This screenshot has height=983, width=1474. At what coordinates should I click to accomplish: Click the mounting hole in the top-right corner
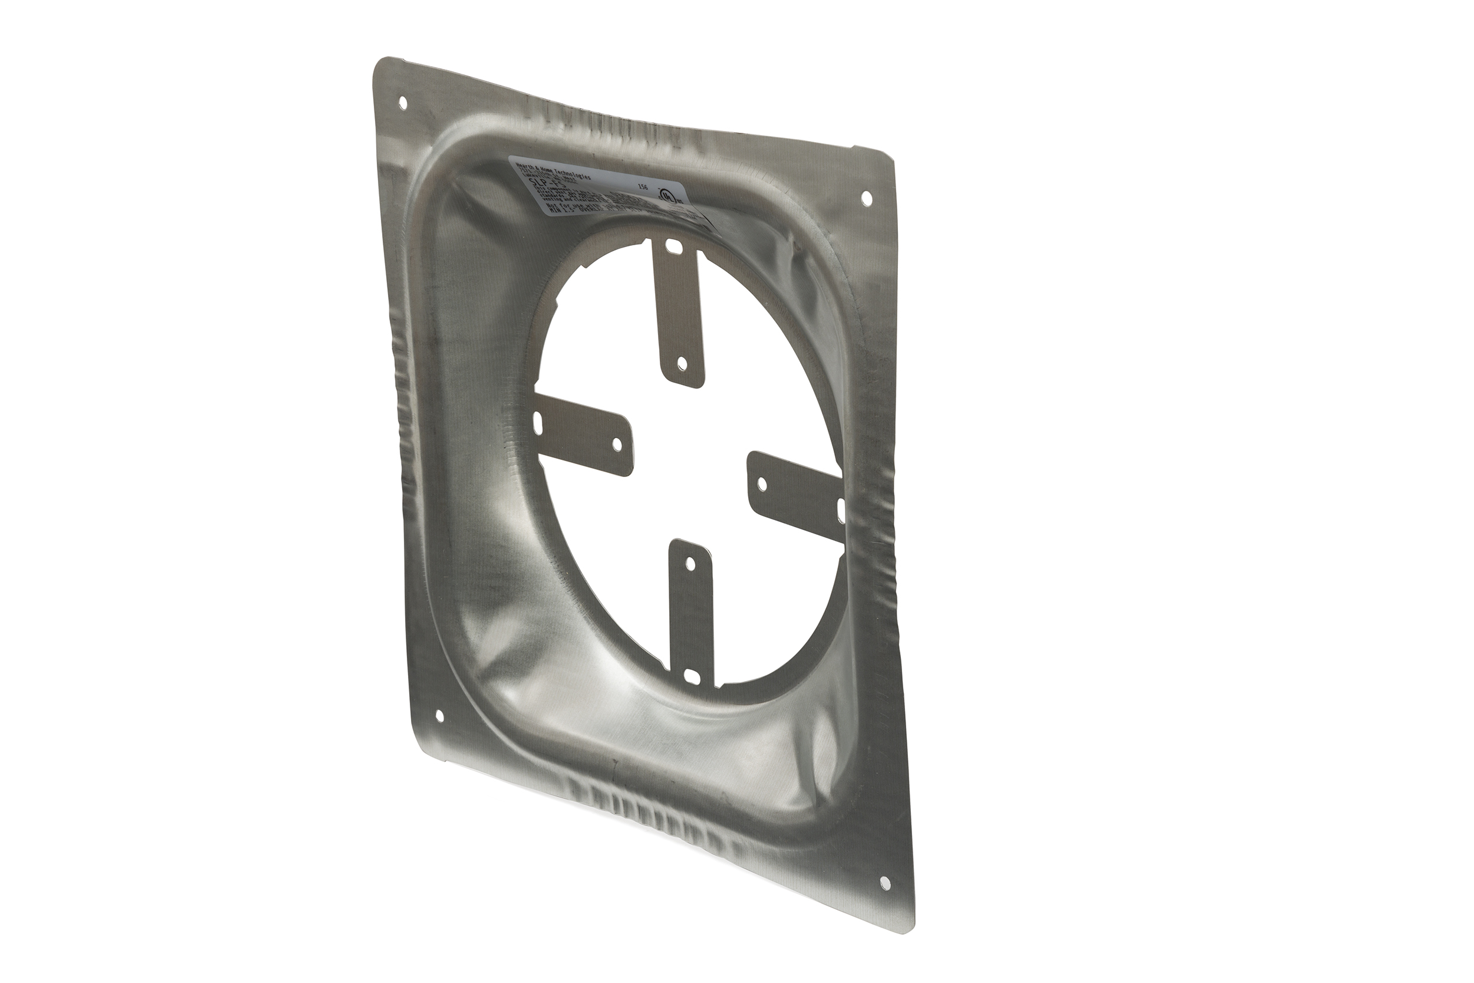(866, 198)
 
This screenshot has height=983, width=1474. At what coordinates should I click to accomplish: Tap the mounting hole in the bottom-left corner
(439, 716)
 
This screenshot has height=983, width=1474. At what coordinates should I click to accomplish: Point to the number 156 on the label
(641, 187)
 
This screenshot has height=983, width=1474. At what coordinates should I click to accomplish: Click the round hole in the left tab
(616, 444)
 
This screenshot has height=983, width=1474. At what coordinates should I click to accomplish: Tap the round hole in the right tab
(762, 484)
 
